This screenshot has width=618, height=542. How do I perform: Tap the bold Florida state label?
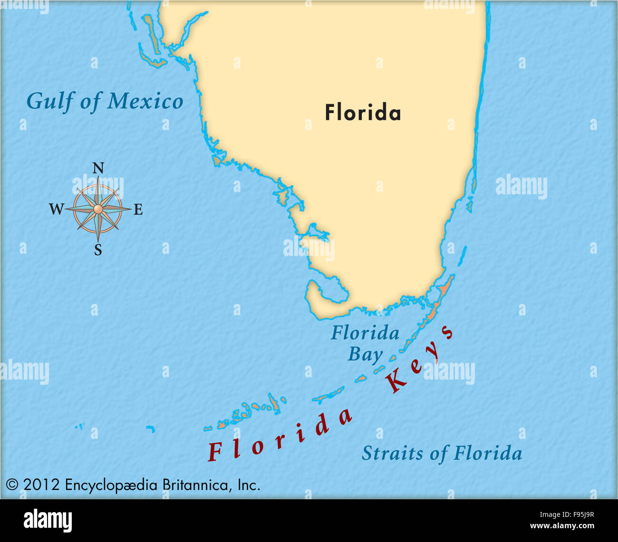click(363, 113)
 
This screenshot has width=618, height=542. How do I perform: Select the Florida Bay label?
click(365, 343)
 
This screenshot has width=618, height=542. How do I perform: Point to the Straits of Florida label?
click(442, 453)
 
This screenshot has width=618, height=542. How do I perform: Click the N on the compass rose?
click(98, 168)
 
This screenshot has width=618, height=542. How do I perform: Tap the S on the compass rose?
click(98, 250)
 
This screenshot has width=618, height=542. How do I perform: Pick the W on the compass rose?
click(56, 209)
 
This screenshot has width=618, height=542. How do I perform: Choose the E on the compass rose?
click(138, 209)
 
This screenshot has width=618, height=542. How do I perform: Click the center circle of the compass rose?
click(98, 209)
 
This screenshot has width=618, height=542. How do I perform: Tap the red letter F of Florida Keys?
click(214, 451)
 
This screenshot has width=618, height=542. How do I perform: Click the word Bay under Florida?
click(365, 355)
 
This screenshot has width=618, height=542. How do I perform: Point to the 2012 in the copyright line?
click(41, 485)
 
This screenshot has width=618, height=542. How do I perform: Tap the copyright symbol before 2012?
click(12, 485)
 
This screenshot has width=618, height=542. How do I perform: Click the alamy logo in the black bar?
click(48, 521)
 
